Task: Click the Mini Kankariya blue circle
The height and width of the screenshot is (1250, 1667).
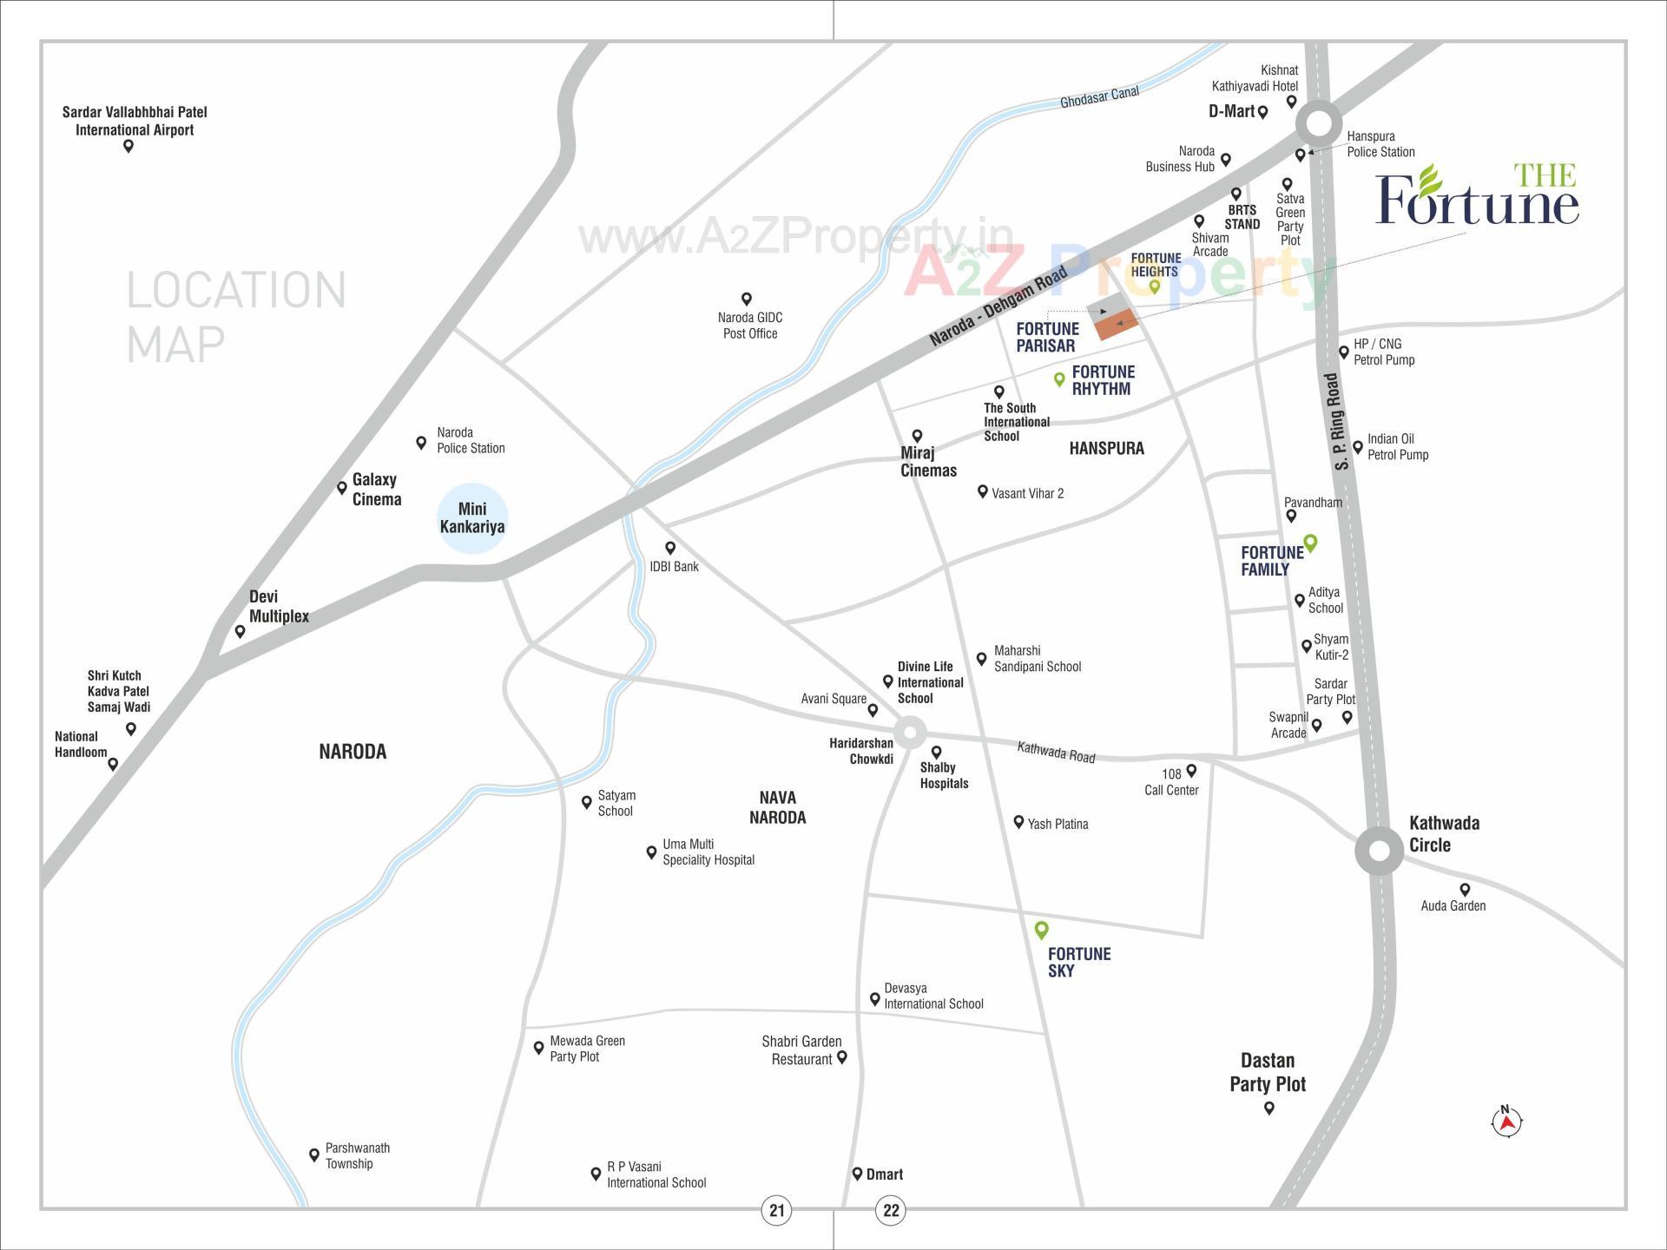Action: [471, 518]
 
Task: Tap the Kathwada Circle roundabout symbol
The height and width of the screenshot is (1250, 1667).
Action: [1379, 850]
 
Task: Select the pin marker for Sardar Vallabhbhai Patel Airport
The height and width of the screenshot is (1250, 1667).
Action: [128, 146]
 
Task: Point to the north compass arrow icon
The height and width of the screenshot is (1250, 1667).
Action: [1507, 1122]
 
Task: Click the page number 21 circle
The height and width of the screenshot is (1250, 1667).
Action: [776, 1210]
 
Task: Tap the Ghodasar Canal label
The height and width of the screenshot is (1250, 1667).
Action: [1099, 97]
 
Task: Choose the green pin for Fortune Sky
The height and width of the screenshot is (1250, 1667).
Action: [1042, 931]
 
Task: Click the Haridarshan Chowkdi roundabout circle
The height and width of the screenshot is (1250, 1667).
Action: [910, 733]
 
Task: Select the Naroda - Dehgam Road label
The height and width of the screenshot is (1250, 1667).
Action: [998, 307]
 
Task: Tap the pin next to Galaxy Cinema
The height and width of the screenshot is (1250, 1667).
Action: [342, 488]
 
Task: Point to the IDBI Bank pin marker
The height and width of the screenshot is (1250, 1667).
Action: [670, 548]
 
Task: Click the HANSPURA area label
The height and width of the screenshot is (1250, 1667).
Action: [1106, 449]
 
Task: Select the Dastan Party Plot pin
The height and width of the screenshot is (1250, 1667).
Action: [1269, 1108]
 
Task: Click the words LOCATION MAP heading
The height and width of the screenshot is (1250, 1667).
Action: [236, 316]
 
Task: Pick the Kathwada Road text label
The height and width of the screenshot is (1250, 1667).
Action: [1056, 752]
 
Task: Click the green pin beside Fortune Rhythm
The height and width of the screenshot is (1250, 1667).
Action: [1059, 378]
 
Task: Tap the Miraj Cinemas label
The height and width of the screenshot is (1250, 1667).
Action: [928, 462]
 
